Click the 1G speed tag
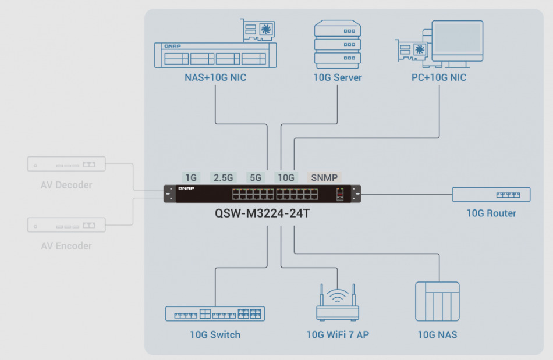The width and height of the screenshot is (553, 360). point(191,177)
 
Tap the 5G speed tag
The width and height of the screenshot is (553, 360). point(256,177)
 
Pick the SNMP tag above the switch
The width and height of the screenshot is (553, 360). point(324,177)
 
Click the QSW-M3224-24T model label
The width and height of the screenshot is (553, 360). point(262,213)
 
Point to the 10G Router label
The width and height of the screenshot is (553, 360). point(491,213)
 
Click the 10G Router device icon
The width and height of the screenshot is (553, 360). point(491,194)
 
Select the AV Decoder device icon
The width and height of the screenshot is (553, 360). point(66,164)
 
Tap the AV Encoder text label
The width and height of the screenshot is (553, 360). point(66,246)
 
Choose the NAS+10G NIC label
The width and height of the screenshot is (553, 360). point(211,77)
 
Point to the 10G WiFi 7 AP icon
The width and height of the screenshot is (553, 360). point(337,304)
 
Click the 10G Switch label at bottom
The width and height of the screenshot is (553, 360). point(215,334)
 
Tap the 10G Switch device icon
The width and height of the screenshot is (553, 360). point(215,314)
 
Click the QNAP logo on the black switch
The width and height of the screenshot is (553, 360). point(186,188)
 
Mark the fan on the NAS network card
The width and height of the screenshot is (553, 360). point(266,28)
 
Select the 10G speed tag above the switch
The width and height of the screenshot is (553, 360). point(285,177)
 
